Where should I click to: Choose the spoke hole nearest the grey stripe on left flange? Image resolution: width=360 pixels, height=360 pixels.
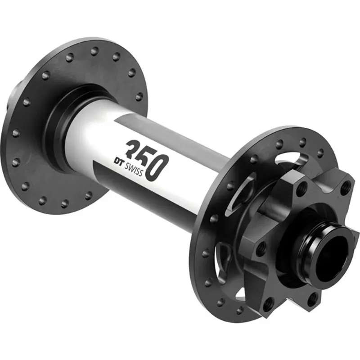[139, 96]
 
